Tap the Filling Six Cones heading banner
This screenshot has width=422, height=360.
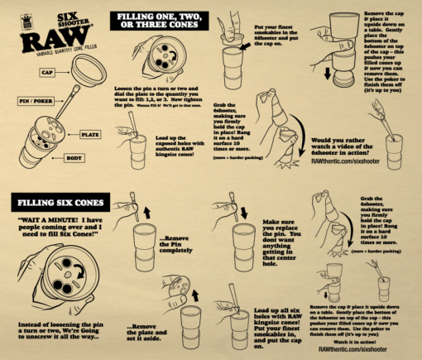[56, 202]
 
